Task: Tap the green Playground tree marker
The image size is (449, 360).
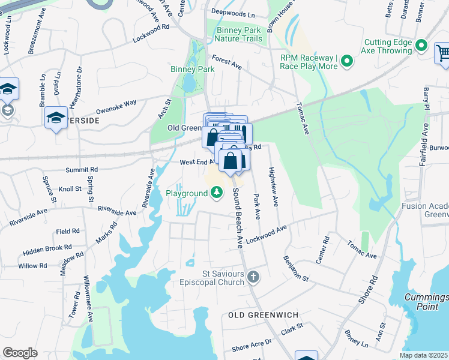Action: [x=216, y=193]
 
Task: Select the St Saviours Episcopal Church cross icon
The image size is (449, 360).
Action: [x=253, y=277]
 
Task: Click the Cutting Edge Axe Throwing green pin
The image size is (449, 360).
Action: [x=421, y=46]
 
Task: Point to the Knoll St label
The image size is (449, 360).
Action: [x=70, y=189]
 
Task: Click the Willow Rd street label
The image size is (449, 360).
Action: [x=32, y=266]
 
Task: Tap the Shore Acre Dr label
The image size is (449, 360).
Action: [x=252, y=344]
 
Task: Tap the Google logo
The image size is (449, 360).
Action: [x=20, y=353]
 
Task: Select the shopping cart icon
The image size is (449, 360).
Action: [x=443, y=53]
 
